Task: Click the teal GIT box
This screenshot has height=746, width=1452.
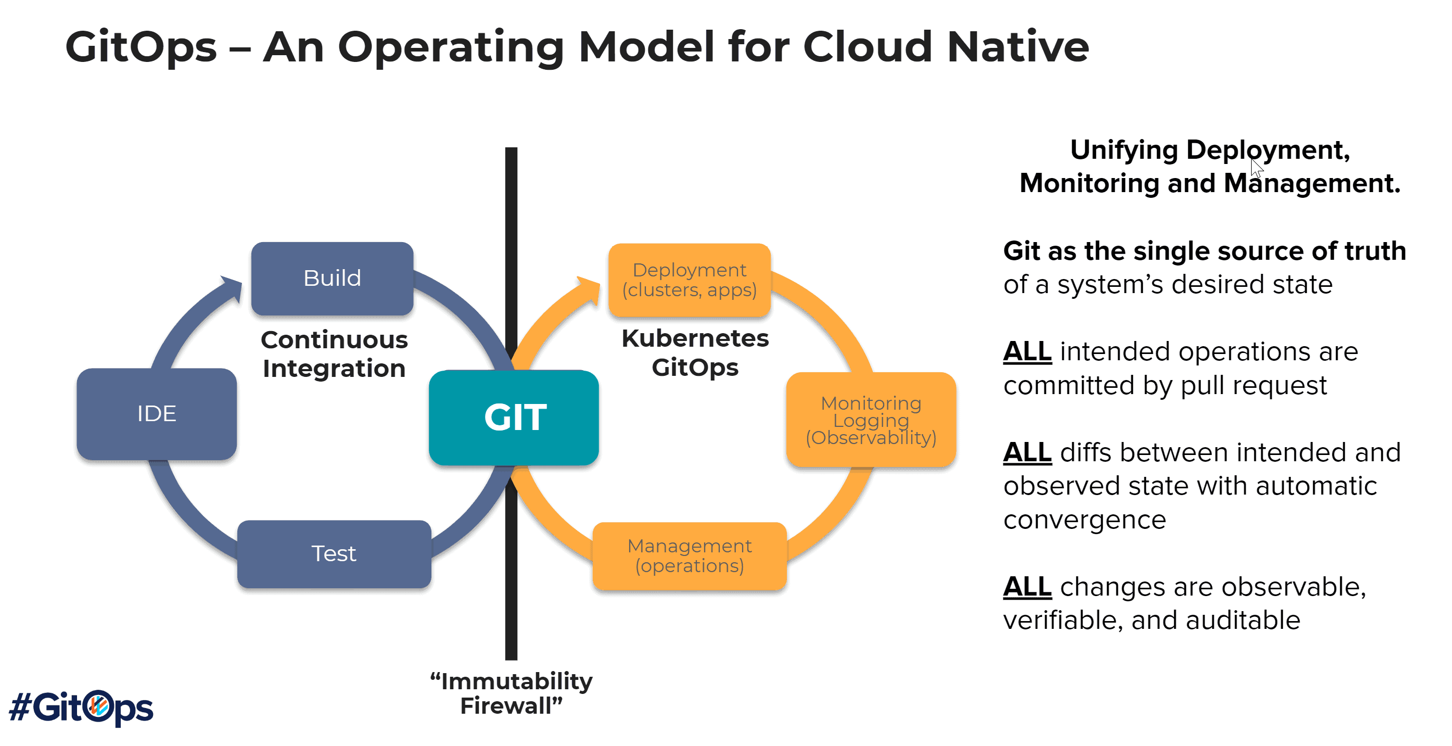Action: pos(514,418)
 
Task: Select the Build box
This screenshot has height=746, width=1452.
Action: pos(332,278)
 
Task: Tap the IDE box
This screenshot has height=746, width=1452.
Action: pos(157,413)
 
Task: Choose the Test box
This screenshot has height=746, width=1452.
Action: pos(334,554)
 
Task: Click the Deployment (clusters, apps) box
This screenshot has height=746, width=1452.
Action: pos(689,280)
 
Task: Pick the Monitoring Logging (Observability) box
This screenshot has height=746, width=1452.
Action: pos(870,420)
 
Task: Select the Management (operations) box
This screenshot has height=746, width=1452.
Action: pos(689,556)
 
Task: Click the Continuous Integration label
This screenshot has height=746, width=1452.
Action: pos(334,354)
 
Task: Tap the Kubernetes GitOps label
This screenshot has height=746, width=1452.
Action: pos(694,353)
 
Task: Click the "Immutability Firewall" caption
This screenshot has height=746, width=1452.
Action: pos(511,693)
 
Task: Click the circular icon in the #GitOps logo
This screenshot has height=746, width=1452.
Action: pos(100,705)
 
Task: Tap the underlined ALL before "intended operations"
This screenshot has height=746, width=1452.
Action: pos(1026,352)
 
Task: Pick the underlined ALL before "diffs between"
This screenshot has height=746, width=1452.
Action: pos(1026,453)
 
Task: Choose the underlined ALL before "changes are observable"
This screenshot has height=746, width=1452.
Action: pos(1026,587)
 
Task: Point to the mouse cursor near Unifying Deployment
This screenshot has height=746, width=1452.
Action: pos(1256,168)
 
